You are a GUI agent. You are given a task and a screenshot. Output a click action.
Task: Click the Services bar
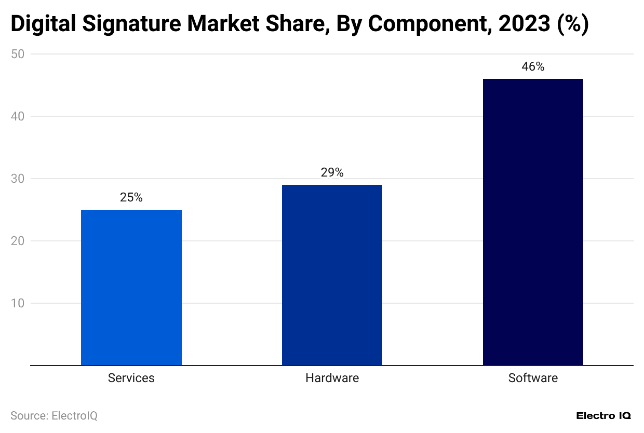(x=131, y=287)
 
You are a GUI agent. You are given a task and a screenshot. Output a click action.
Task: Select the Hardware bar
(x=332, y=275)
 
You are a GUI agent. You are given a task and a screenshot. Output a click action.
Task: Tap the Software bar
(x=533, y=222)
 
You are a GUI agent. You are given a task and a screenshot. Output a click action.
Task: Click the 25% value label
(x=131, y=198)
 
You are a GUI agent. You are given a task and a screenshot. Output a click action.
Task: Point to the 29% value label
(x=332, y=173)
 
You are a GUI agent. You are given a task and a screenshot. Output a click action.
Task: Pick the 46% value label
(x=533, y=67)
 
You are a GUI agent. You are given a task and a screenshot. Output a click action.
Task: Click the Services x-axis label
(x=131, y=378)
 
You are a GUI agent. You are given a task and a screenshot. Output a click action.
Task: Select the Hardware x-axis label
(x=332, y=378)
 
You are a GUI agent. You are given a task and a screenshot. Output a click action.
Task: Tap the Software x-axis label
(x=533, y=378)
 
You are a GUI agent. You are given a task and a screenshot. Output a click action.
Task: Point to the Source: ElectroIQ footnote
(x=54, y=416)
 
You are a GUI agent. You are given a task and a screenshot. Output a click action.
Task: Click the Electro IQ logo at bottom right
(x=603, y=416)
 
